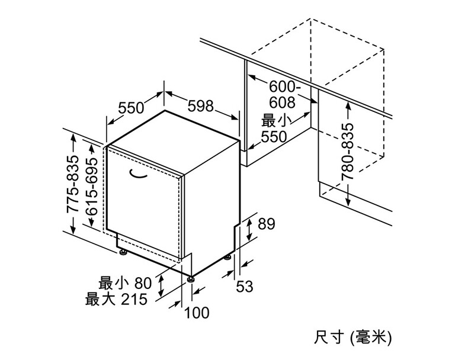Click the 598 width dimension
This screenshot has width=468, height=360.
tap(201, 106)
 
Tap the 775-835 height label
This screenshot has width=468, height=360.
tap(72, 184)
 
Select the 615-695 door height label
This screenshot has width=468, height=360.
tap(91, 187)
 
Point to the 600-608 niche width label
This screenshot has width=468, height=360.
tap(283, 95)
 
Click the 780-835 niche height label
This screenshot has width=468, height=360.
tap(348, 152)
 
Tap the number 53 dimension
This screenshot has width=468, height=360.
tap(245, 287)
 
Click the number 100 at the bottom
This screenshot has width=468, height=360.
tap(197, 313)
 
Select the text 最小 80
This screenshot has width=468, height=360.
tap(125, 283)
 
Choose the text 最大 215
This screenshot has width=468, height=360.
tap(116, 299)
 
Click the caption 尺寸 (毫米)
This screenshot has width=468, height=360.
tap(352, 339)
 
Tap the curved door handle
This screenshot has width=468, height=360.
tap(139, 173)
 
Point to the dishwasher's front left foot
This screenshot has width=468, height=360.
tap(123, 252)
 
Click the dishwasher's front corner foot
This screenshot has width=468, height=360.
tap(191, 279)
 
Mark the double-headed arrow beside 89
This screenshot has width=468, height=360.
tap(249, 229)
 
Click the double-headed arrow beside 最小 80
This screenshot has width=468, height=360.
tap(161, 286)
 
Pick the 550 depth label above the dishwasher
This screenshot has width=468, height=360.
tap(131, 108)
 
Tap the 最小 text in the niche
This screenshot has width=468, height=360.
tap(277, 121)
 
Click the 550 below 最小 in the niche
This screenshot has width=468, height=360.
tap(274, 137)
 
